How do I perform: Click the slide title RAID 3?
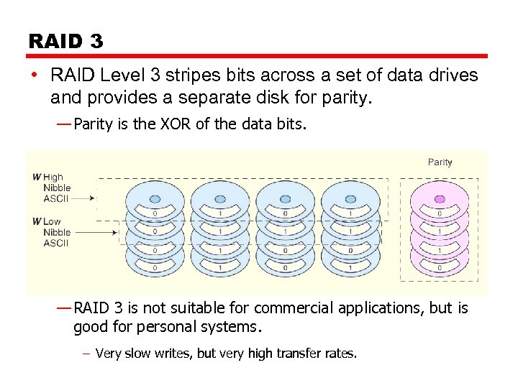65,41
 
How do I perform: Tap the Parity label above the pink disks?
440,162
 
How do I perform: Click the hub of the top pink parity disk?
440,195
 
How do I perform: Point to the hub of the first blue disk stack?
155,195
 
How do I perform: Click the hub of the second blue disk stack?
219,195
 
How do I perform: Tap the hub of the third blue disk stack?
285,195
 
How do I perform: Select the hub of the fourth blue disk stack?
350,195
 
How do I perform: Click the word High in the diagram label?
53,177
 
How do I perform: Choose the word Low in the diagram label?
52,221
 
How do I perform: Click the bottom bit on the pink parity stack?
440,268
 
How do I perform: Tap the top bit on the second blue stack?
219,213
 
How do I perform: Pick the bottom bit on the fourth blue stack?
350,268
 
